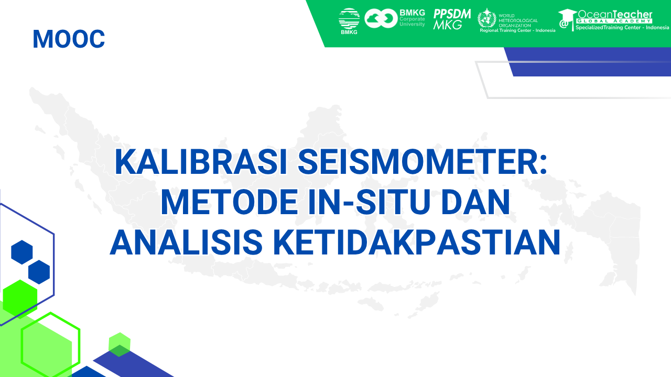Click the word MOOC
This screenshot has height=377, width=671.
pyautogui.click(x=69, y=39)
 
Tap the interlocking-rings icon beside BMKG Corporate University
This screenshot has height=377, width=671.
pyautogui.click(x=381, y=18)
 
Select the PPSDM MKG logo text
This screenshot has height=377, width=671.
pyautogui.click(x=452, y=19)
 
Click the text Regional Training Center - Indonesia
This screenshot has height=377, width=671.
pyautogui.click(x=517, y=30)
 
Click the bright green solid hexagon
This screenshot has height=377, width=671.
pyautogui.click(x=20, y=298)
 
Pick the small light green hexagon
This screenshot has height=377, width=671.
pyautogui.click(x=120, y=344)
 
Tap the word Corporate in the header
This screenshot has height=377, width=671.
pyautogui.click(x=413, y=19)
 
